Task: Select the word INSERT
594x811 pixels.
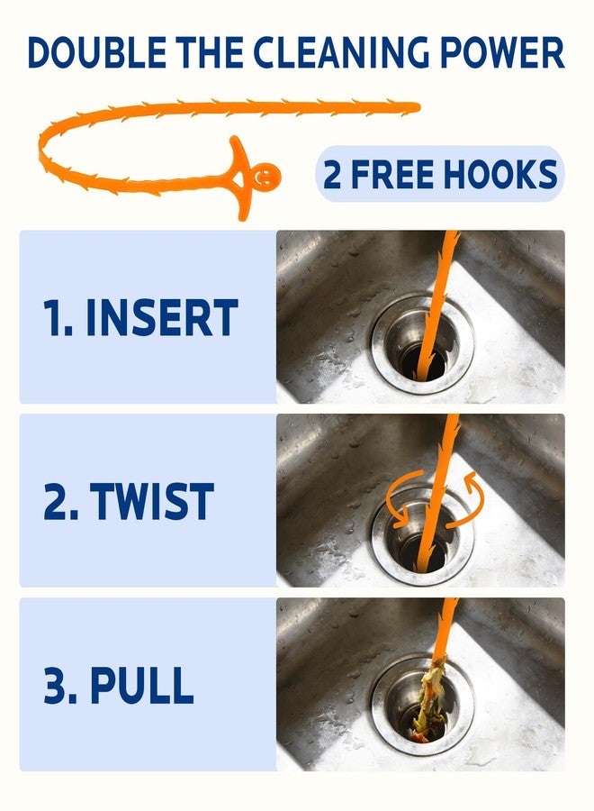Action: pyautogui.click(x=162, y=317)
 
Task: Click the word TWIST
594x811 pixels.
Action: pyautogui.click(x=152, y=501)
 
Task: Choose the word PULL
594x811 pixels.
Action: pyautogui.click(x=142, y=685)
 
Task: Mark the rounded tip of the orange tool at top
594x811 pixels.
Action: pyautogui.click(x=416, y=107)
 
